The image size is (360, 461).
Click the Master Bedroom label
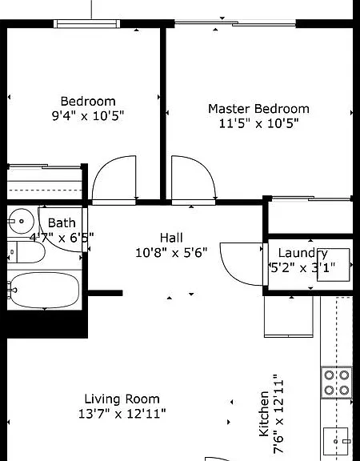258,109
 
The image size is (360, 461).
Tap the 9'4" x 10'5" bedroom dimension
88,116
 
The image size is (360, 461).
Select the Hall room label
171,238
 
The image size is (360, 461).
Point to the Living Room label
122,399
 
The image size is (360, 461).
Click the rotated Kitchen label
264,414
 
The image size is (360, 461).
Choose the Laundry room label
302,253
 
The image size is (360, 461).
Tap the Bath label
62,222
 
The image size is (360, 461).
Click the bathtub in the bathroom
43,291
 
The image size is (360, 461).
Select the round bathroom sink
21,221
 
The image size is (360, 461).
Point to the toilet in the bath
26,252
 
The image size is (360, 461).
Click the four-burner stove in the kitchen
337,383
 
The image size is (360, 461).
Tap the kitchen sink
337,440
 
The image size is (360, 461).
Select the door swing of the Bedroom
114,178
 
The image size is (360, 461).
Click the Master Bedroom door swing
194,178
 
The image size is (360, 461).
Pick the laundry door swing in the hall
242,264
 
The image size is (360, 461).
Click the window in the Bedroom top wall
87,24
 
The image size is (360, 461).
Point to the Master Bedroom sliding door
235,23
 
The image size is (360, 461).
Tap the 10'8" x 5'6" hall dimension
171,253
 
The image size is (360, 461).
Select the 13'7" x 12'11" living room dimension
122,414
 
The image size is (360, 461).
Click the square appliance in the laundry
334,265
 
